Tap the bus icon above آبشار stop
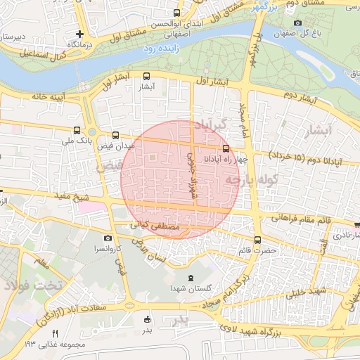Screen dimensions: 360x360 pos(146,77)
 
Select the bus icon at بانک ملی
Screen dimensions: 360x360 pos(77,130)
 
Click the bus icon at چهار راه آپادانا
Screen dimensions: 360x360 pos(226,148)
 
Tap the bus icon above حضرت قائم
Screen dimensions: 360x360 pos(257,239)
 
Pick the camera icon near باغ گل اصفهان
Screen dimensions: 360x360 pos(297,23)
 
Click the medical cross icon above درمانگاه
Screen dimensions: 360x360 pos(80,33)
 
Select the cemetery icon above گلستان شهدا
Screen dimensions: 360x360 pos(192,278)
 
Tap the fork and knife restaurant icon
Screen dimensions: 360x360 pos(55,333)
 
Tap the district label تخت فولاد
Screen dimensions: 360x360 pos(33,285)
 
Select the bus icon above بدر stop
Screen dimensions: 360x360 pos(146,318)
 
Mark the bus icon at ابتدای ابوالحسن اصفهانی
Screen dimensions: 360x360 pos(176,13)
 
